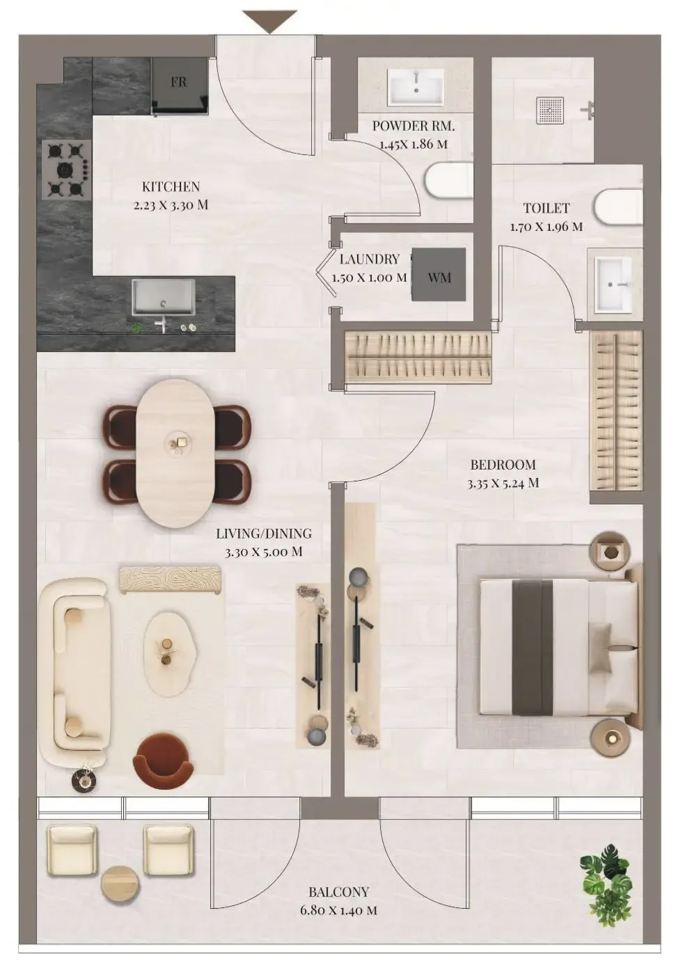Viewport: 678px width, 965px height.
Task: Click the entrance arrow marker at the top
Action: click(271, 21)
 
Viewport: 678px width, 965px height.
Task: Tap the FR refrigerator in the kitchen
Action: click(180, 86)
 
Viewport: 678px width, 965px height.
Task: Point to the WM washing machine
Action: click(439, 276)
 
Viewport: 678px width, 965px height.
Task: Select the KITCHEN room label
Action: click(171, 186)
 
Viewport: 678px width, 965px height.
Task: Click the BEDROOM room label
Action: click(503, 465)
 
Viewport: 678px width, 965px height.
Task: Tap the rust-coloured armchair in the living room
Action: click(164, 756)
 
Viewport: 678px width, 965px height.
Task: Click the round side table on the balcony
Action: click(120, 884)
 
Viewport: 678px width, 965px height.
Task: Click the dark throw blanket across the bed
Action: click(533, 647)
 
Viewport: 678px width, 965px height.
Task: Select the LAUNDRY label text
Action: click(369, 259)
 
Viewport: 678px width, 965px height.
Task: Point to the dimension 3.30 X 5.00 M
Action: click(263, 552)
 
